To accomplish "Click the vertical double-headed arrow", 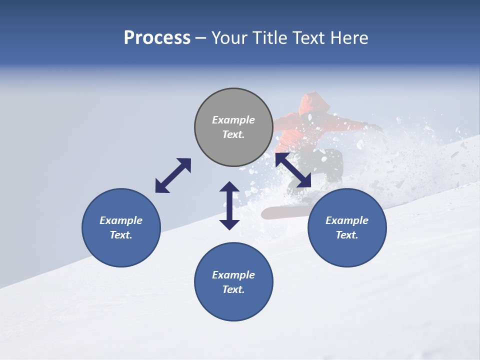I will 229,205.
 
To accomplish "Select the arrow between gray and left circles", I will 173,175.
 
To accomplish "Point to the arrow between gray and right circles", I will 293,170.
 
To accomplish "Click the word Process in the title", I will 157,38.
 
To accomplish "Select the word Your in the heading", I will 228,38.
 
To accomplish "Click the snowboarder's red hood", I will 314,103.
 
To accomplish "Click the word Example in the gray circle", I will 233,120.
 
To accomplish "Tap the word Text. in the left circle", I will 121,235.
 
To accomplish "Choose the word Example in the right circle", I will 347,220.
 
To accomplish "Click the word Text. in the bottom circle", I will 233,289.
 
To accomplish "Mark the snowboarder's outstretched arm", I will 355,124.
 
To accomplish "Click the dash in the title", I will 201,38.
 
